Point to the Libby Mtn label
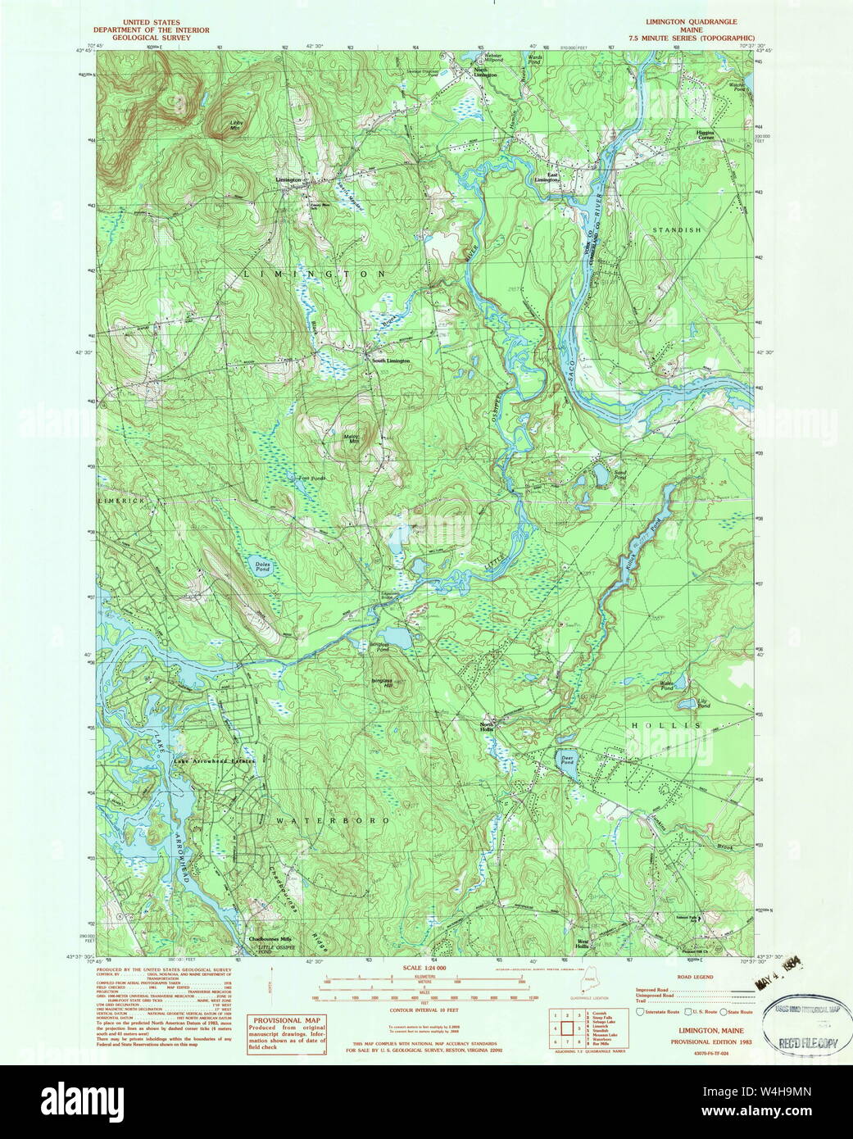(x=234, y=125)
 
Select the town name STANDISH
(x=677, y=230)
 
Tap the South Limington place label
(x=391, y=361)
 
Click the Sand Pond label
(x=621, y=473)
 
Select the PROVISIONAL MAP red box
(x=287, y=1032)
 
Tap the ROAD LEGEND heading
(x=695, y=977)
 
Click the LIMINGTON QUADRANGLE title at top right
(x=690, y=22)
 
